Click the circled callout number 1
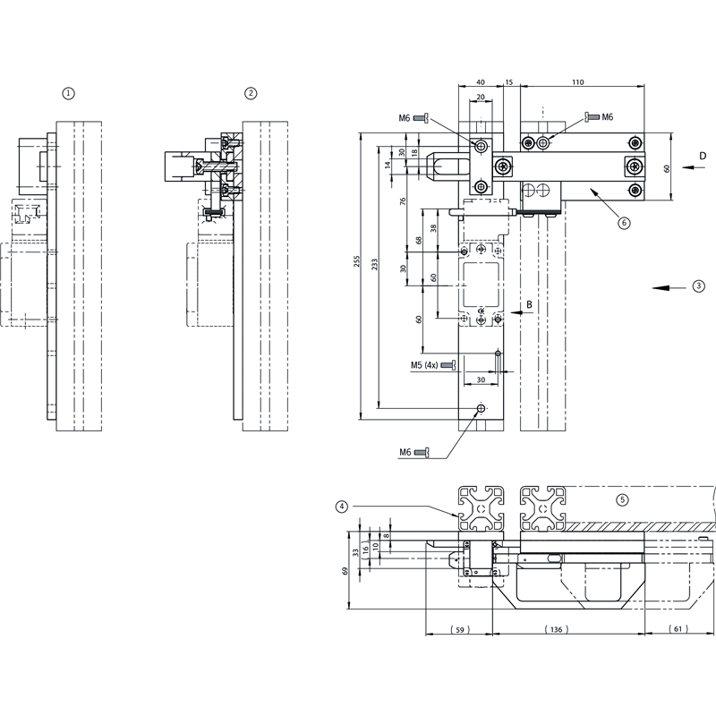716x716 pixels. click(70, 92)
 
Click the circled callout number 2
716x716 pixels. click(251, 92)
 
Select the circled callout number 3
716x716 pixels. click(698, 287)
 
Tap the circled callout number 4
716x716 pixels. click(342, 507)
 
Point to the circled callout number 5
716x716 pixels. click(624, 499)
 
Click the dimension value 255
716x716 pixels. click(357, 260)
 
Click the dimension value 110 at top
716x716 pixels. click(577, 82)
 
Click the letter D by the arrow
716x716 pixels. click(703, 157)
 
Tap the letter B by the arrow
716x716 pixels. click(529, 304)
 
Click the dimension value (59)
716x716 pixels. click(458, 629)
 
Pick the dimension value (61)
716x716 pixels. click(678, 629)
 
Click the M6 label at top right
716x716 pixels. click(607, 117)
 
